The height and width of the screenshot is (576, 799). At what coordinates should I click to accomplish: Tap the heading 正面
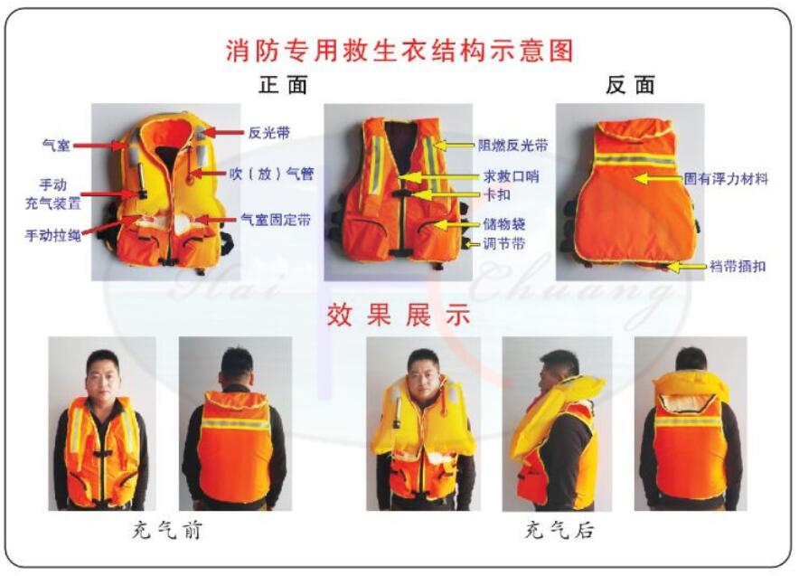pos(283,85)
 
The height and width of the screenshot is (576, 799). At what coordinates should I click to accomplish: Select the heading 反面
pos(630,85)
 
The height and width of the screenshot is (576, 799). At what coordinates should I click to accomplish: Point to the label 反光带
pos(268,132)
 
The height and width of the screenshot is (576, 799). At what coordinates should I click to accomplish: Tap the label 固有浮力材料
pos(729,179)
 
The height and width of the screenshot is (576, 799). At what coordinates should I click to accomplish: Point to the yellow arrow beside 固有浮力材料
pos(654,179)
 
